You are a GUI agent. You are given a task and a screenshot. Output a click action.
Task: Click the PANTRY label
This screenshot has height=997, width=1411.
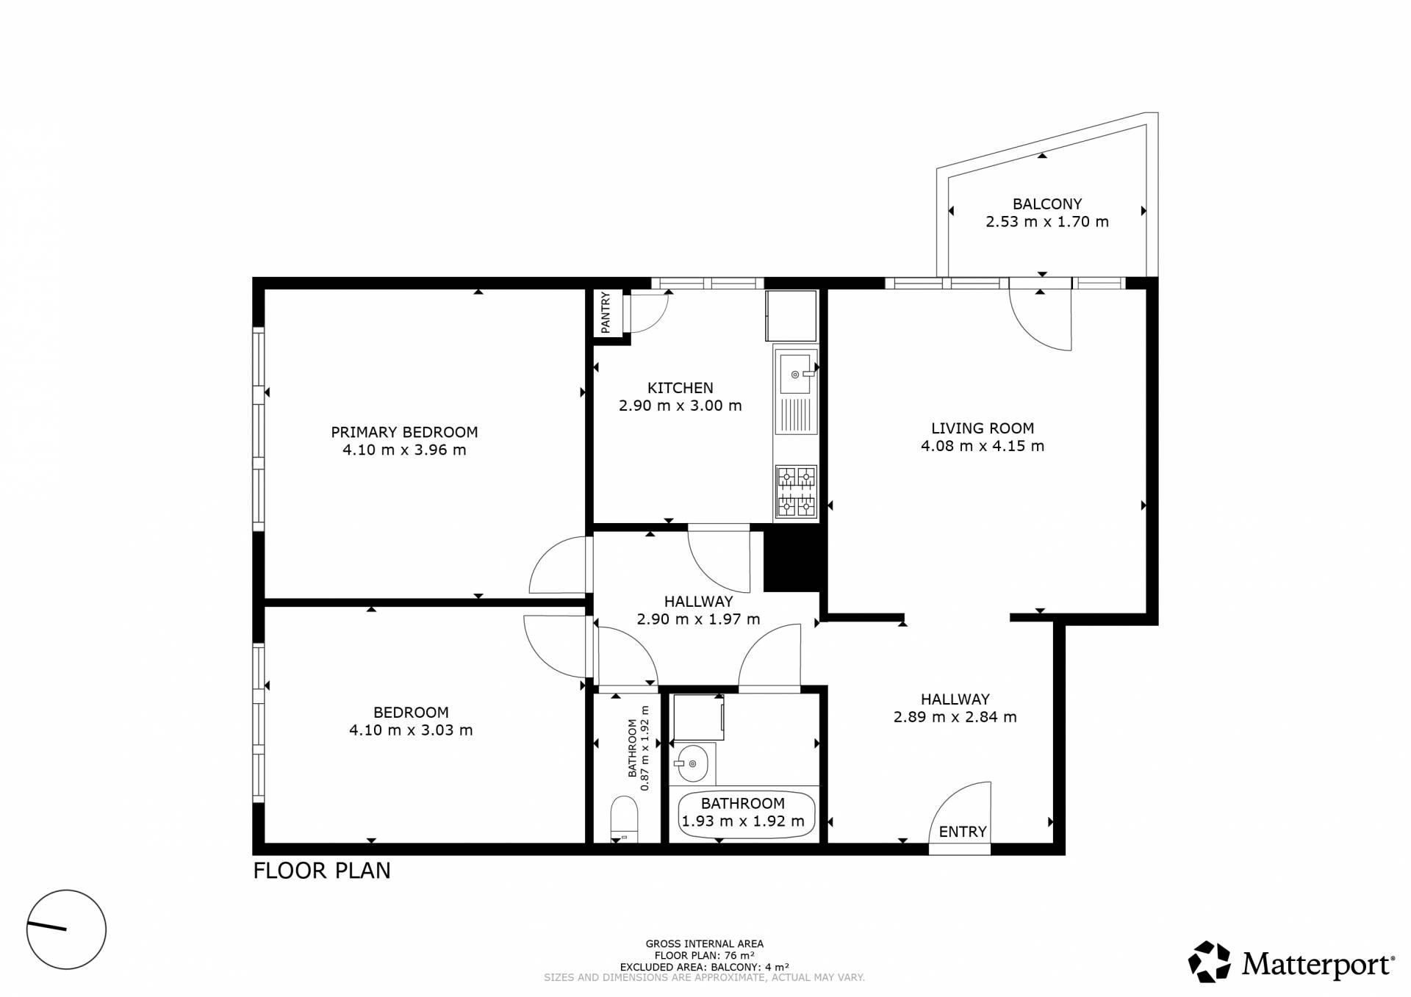pyautogui.click(x=606, y=312)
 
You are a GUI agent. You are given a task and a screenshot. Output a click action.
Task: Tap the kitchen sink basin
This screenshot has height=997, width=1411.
pyautogui.click(x=794, y=374)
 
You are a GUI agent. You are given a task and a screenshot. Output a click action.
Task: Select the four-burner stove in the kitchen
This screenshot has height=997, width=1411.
pyautogui.click(x=796, y=492)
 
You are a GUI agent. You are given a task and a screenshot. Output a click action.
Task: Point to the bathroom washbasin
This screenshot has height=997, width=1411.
pyautogui.click(x=692, y=764)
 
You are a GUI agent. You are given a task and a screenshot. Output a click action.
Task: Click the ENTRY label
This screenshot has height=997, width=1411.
pyautogui.click(x=963, y=832)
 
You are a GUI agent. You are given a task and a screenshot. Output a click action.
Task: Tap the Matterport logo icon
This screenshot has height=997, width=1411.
pyautogui.click(x=1210, y=962)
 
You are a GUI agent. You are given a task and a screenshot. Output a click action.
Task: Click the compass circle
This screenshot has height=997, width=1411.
pyautogui.click(x=67, y=929)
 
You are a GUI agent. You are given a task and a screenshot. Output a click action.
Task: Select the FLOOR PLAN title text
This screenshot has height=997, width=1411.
pyautogui.click(x=322, y=871)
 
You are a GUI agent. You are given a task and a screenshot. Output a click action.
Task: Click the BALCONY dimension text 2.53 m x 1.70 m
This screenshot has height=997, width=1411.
pyautogui.click(x=1047, y=222)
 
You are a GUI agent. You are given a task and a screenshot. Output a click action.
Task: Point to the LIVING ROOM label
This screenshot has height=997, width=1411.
pyautogui.click(x=983, y=428)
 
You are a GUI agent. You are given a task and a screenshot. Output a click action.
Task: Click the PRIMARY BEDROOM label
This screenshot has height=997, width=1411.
pyautogui.click(x=404, y=432)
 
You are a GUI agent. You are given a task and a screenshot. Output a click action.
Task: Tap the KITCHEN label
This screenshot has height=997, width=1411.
pyautogui.click(x=681, y=388)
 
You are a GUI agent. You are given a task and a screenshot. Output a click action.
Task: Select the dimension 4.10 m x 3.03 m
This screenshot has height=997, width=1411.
pyautogui.click(x=411, y=730)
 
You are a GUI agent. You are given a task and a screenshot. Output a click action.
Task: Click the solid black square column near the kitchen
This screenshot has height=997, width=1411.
pyautogui.click(x=792, y=561)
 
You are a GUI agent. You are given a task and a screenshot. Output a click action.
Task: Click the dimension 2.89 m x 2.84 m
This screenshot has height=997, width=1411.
pyautogui.click(x=955, y=717)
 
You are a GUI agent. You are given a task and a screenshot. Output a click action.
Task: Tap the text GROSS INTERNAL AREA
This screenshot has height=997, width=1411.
pyautogui.click(x=705, y=944)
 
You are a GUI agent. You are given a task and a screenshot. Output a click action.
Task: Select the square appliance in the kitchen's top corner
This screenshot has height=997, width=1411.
pyautogui.click(x=791, y=316)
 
